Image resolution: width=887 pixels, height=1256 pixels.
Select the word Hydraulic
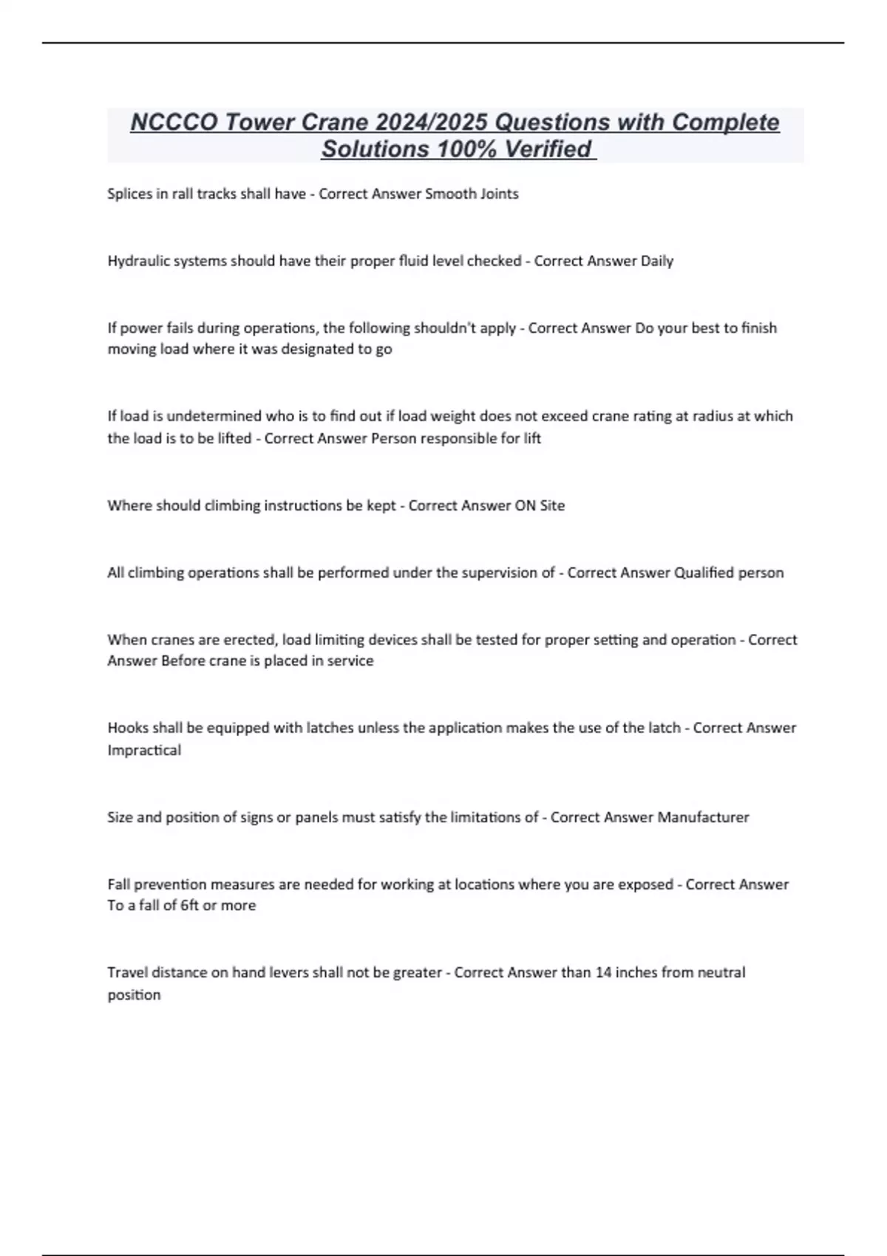pyautogui.click(x=137, y=261)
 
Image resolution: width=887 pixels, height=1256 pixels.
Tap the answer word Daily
pyautogui.click(x=657, y=261)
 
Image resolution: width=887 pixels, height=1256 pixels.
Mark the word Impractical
pyautogui.click(x=144, y=751)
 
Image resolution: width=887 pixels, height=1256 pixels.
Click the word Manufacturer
pyautogui.click(x=703, y=818)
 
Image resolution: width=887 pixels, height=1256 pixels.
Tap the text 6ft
pyautogui.click(x=190, y=906)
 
